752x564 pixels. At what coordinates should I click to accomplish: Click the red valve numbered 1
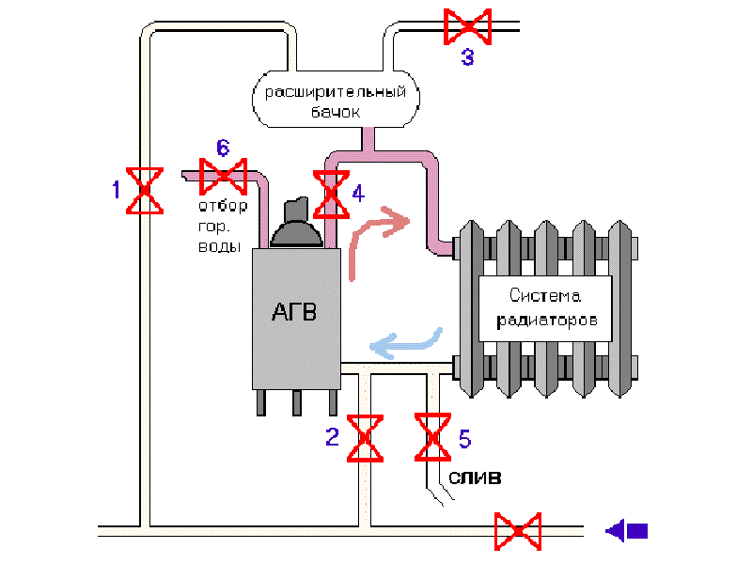point(145,191)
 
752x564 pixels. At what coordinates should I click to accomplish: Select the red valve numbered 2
point(364,437)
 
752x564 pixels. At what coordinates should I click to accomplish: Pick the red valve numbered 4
point(330,194)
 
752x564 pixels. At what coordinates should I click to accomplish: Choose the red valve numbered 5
point(433,437)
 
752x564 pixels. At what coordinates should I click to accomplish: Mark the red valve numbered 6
point(224,175)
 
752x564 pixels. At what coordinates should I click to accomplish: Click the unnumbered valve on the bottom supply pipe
point(519,531)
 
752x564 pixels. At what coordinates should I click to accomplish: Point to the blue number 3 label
point(467,58)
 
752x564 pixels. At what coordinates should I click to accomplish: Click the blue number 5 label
point(464,437)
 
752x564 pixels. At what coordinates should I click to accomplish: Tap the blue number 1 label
point(117,191)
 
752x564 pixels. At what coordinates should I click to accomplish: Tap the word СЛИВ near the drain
point(474,478)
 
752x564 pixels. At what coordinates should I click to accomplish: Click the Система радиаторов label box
point(546,307)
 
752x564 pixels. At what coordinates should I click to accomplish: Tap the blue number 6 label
point(223,148)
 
